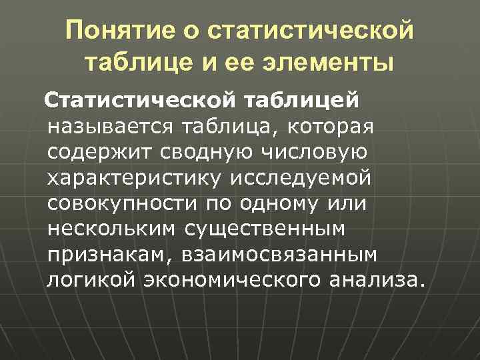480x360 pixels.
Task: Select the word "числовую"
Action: point(317,153)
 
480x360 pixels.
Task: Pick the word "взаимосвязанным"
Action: point(275,255)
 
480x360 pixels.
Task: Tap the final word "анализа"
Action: point(373,280)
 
